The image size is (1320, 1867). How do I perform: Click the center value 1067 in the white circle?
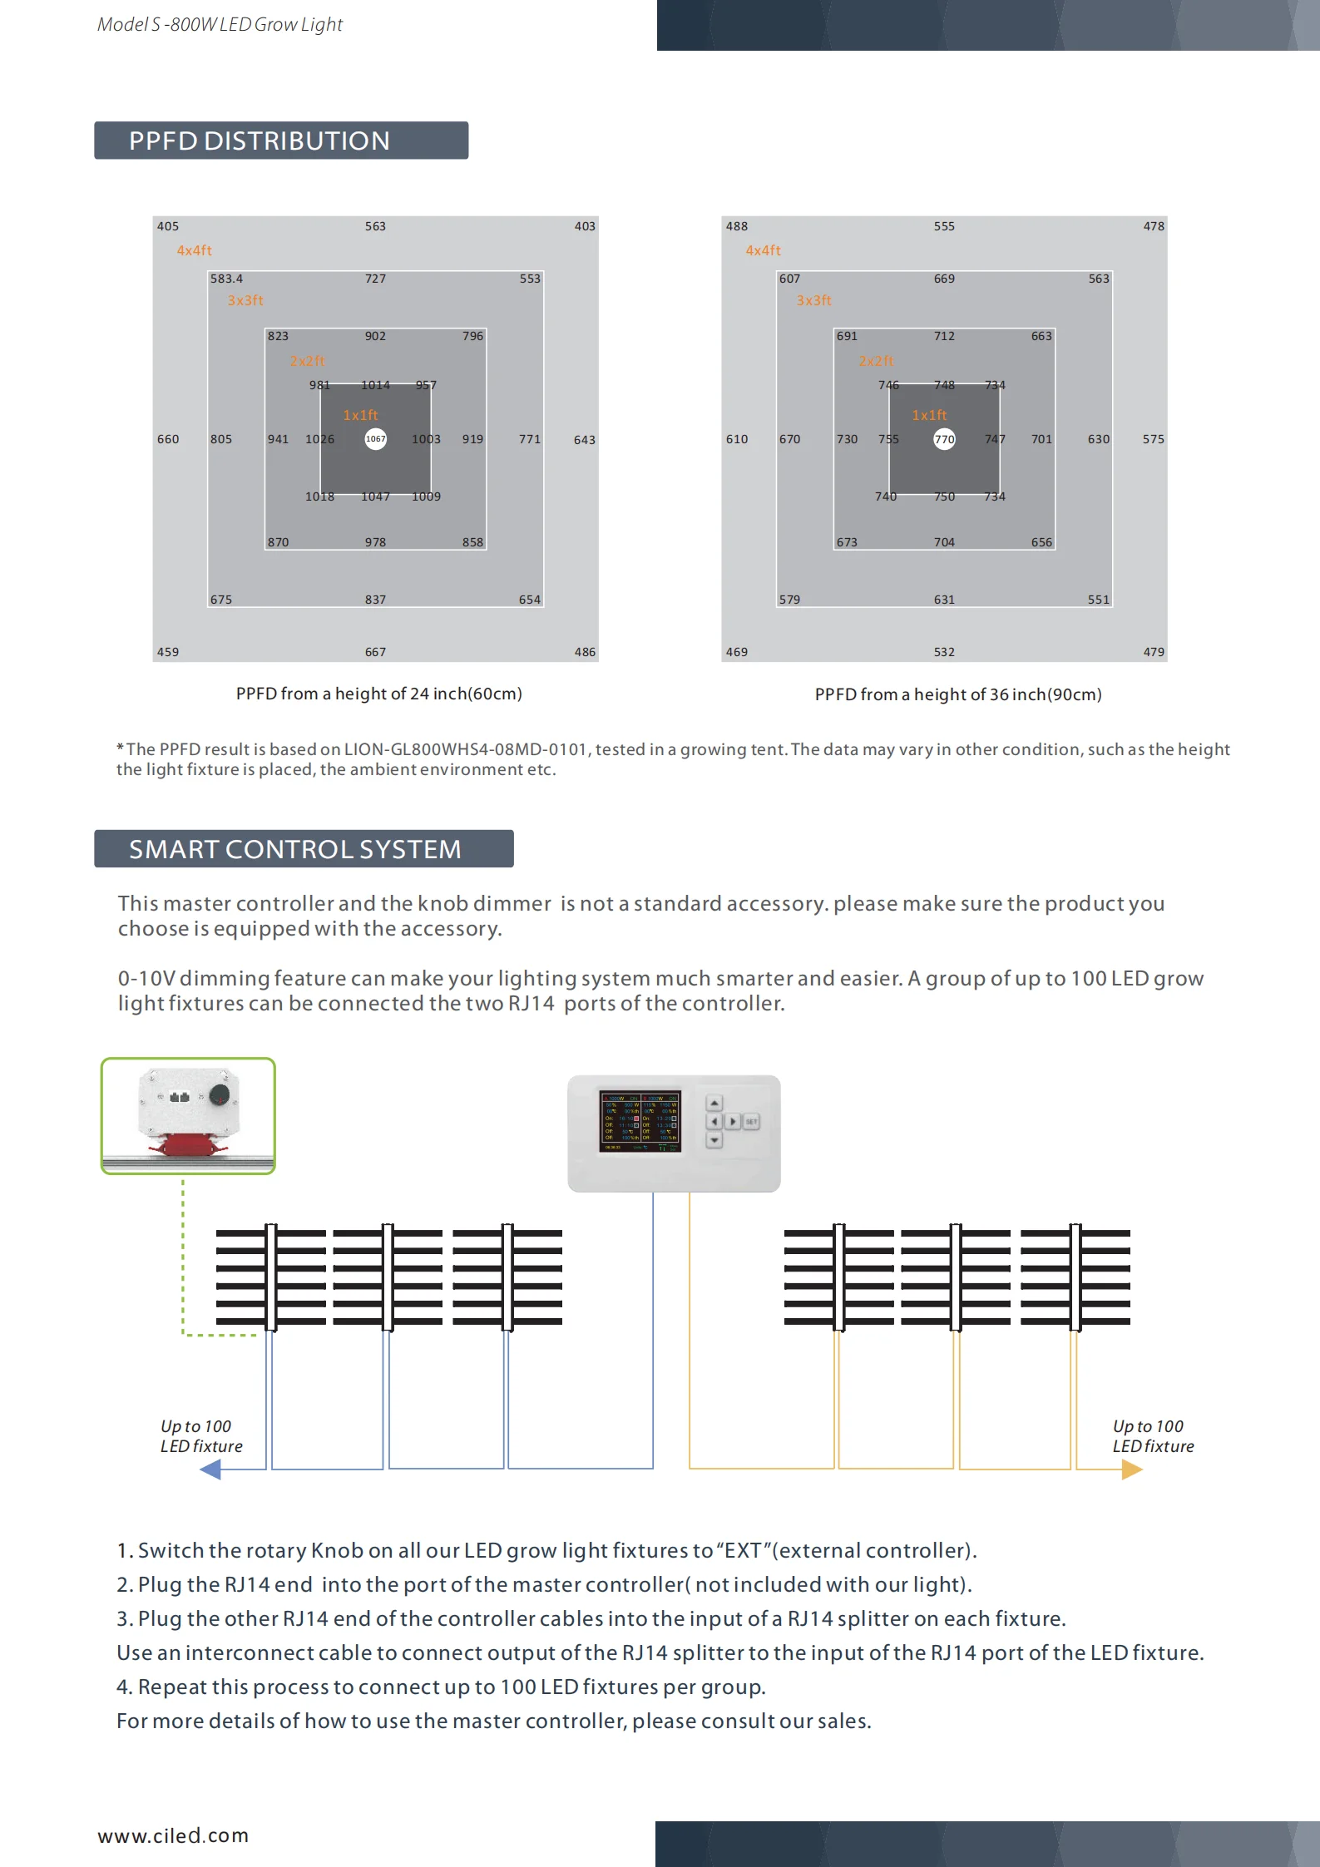click(x=376, y=439)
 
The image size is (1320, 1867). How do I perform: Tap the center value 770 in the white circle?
click(x=944, y=439)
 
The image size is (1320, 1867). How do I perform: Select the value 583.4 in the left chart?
click(x=226, y=279)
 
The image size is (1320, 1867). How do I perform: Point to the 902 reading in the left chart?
click(x=375, y=336)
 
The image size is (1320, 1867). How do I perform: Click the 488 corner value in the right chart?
click(x=736, y=226)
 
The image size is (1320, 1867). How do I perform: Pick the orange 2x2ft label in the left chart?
click(x=307, y=361)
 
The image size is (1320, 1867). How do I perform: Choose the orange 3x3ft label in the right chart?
click(x=813, y=300)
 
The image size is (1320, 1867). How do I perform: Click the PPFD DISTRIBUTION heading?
click(x=259, y=141)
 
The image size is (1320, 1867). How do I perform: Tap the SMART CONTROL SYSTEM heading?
click(x=294, y=849)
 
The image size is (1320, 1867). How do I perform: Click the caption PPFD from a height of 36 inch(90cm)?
click(x=957, y=694)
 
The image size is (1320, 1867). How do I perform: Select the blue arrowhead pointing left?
click(x=211, y=1469)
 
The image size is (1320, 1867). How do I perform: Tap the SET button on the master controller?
click(x=751, y=1122)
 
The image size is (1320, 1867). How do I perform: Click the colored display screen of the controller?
click(x=640, y=1122)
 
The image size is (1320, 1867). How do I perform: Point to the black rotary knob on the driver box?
click(x=220, y=1094)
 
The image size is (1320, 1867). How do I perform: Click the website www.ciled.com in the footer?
click(x=173, y=1835)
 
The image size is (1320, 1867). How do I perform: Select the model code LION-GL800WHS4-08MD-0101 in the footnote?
click(x=466, y=749)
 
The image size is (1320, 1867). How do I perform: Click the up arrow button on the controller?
click(x=714, y=1103)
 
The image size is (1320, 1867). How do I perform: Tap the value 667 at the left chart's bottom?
click(x=375, y=652)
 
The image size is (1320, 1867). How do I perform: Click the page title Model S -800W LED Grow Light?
click(x=220, y=25)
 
